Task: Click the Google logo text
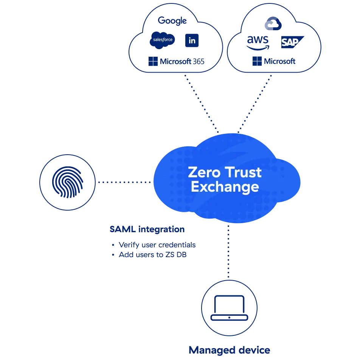[x=172, y=21]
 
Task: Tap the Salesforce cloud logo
[x=162, y=40]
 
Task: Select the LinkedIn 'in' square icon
[x=192, y=40]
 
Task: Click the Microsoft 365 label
[x=177, y=61]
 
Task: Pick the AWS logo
[x=258, y=43]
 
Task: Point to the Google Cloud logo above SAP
[x=273, y=24]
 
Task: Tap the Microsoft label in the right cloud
[x=274, y=61]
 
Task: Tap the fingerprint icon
[x=68, y=183]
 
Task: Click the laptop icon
[x=229, y=308]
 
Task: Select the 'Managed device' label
[x=229, y=350]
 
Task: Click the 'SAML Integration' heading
[x=147, y=229]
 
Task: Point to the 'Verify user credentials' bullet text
[x=157, y=245]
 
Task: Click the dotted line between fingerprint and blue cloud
[x=124, y=183]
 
